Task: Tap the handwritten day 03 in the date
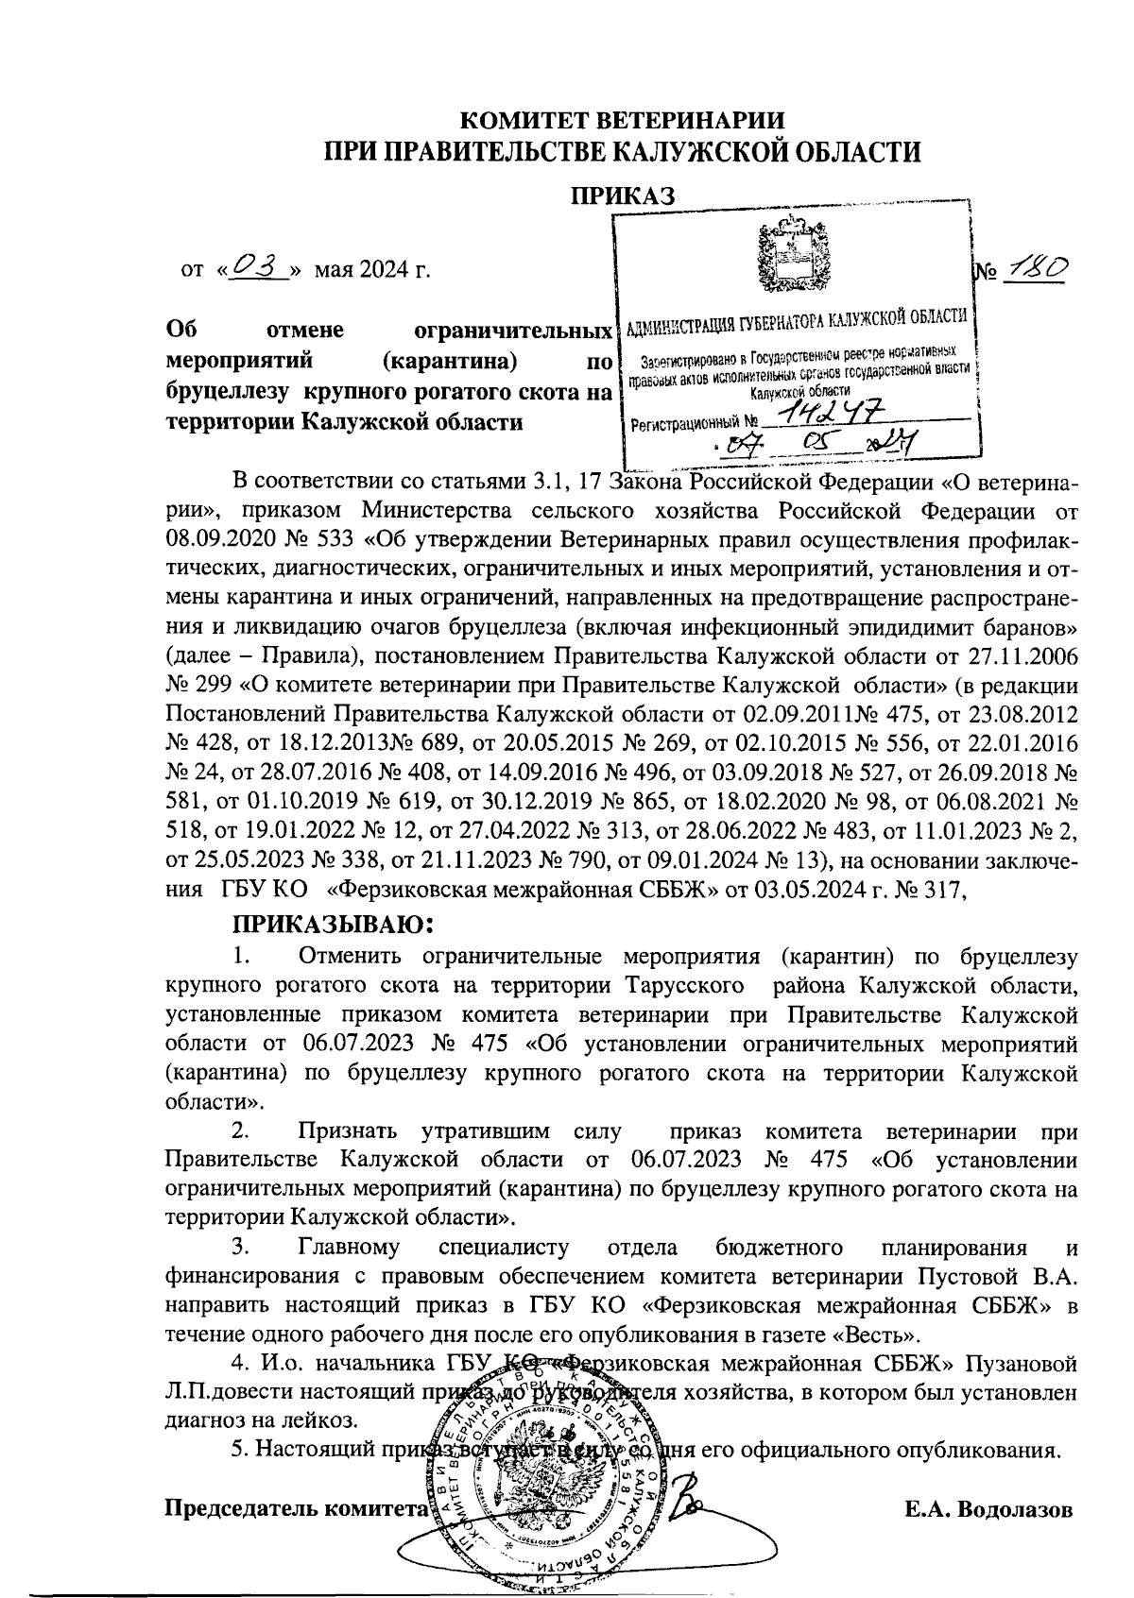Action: coord(258,268)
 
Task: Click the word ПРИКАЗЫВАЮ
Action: coord(333,922)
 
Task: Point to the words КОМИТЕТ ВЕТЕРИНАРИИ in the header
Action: coord(621,121)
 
